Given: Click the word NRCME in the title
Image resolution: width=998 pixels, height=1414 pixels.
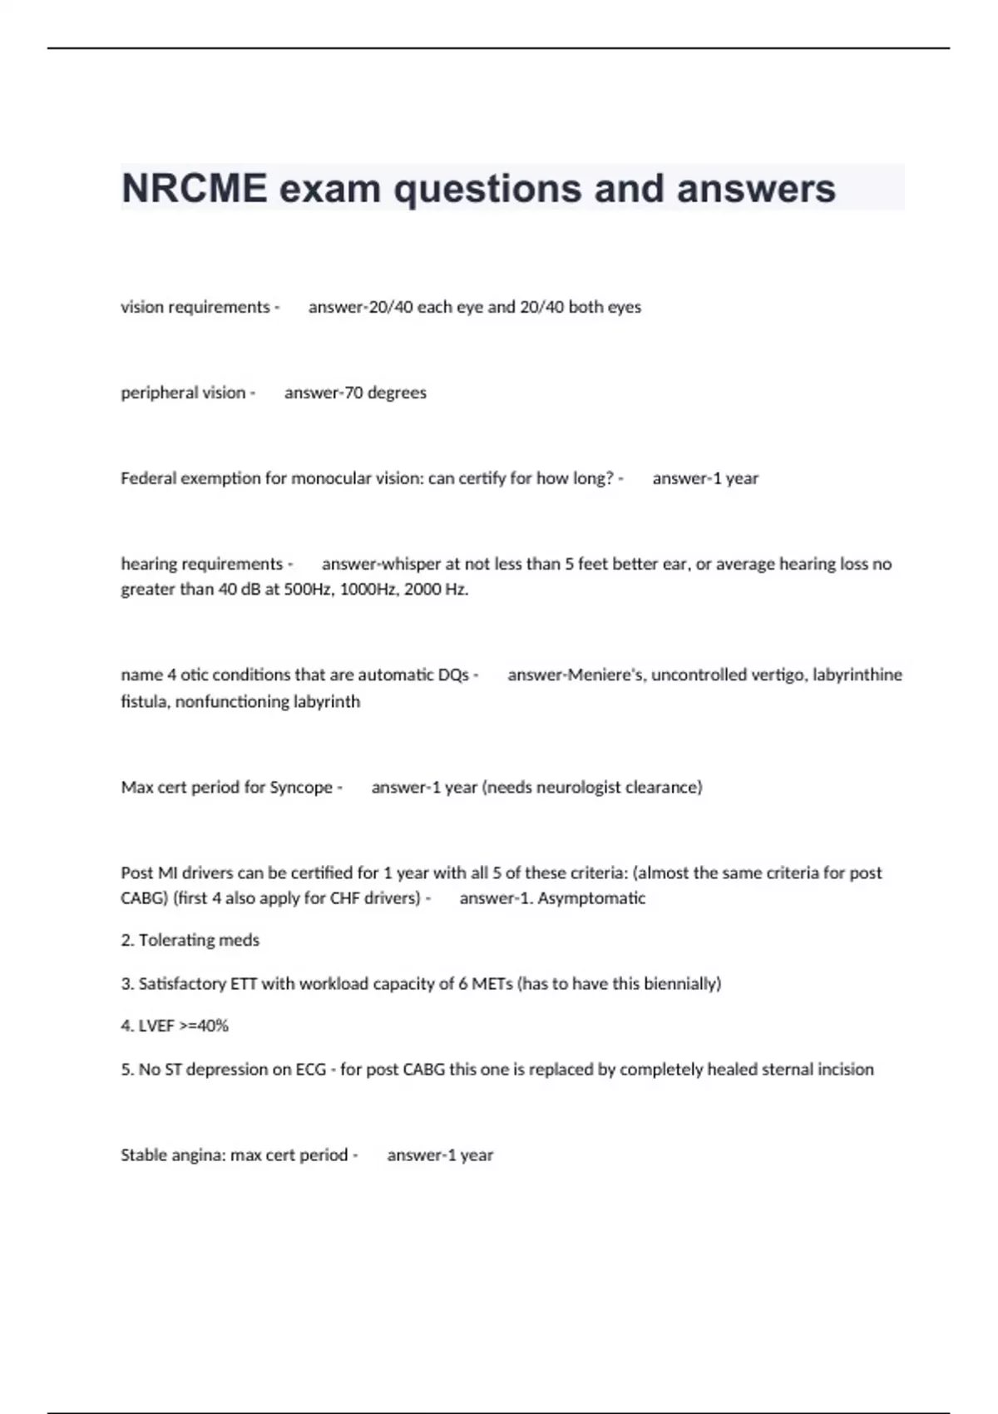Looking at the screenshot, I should point(195,188).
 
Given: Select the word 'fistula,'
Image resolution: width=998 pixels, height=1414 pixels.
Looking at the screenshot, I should point(146,701).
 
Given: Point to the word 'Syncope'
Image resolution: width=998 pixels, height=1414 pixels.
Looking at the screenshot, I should point(301,787).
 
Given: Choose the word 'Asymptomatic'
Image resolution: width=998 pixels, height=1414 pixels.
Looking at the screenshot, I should point(591,897).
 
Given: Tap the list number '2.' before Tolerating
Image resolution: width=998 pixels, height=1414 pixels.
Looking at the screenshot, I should point(127,940).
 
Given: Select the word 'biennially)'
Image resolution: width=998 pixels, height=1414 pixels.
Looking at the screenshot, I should point(682,983).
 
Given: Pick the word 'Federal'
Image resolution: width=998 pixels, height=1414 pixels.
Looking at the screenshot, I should point(148,478).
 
